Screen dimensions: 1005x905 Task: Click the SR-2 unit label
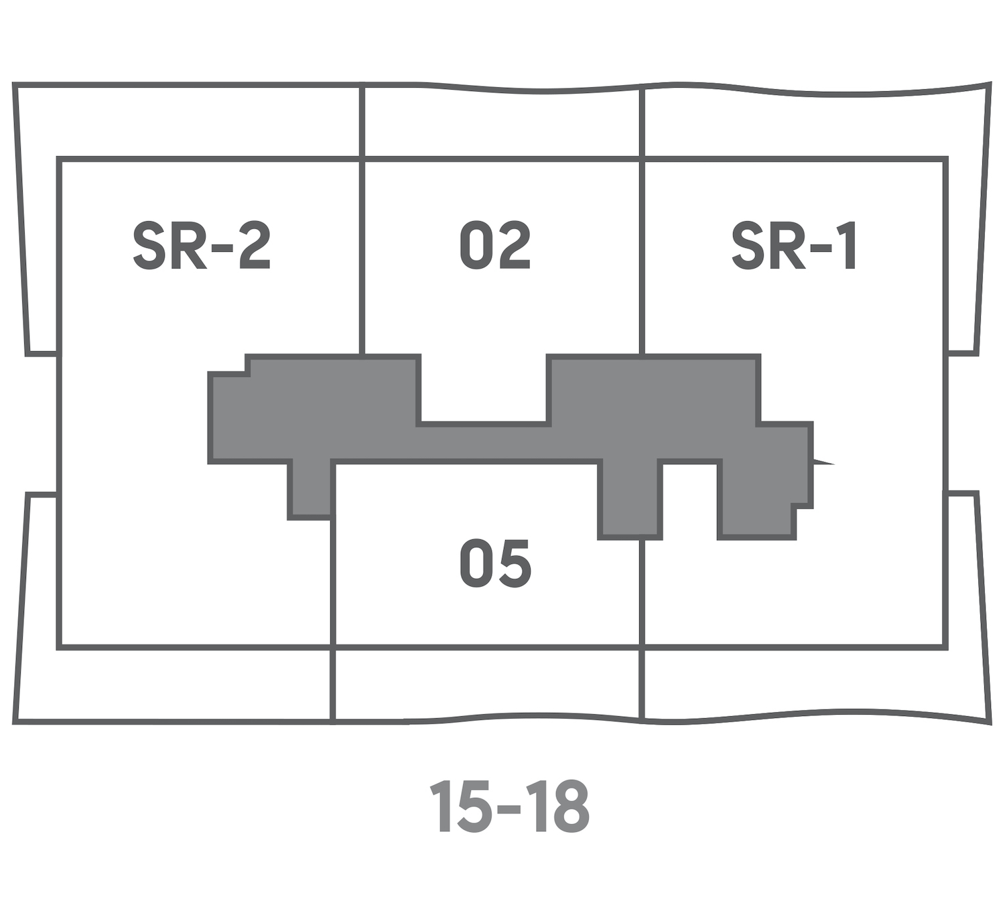202,245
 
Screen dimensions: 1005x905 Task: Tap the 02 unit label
495,245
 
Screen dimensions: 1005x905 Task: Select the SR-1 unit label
793,245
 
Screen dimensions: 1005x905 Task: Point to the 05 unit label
495,563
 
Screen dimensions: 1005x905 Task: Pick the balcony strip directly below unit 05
486,685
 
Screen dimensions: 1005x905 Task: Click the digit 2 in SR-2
255,245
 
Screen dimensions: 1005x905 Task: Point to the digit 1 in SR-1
847,245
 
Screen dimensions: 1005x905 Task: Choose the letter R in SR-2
188,245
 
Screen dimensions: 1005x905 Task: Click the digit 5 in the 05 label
514,563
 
